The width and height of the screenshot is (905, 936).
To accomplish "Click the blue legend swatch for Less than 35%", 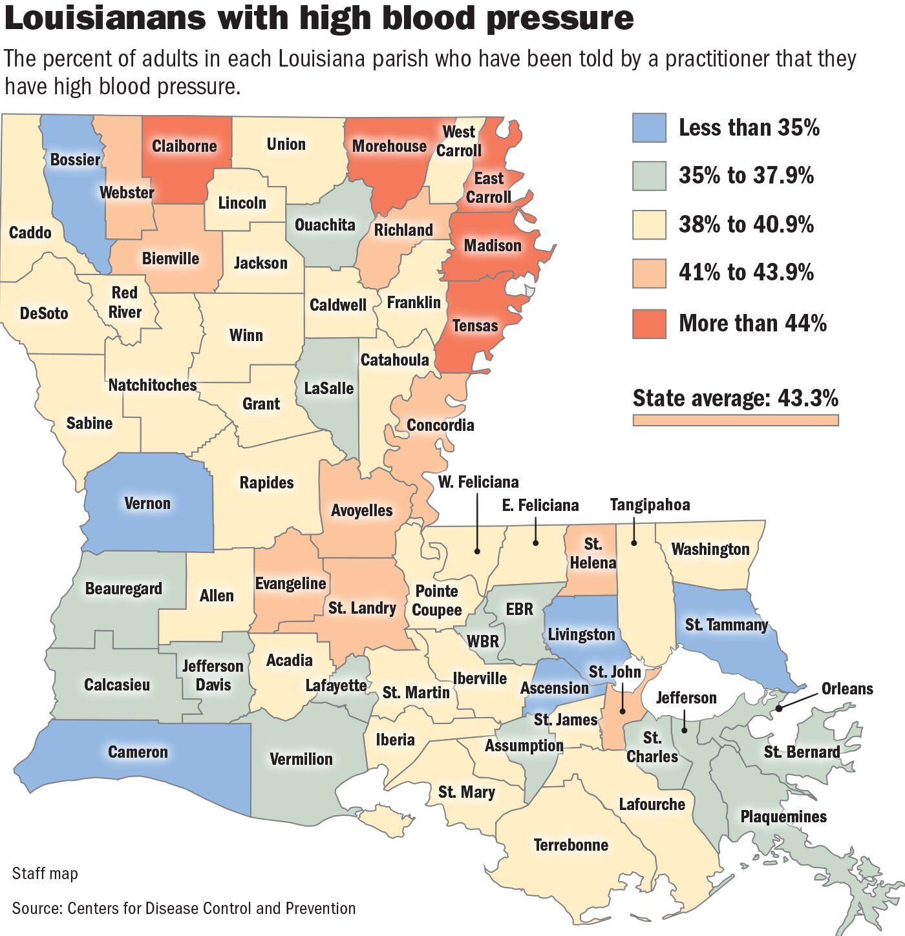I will click(x=649, y=128).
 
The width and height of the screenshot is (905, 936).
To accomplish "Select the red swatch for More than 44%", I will click(x=649, y=323).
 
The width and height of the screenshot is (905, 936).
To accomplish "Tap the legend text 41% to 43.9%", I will click(x=746, y=273).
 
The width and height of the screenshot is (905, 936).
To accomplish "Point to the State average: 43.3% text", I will click(x=735, y=398).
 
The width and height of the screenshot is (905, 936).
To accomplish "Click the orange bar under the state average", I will click(x=735, y=420).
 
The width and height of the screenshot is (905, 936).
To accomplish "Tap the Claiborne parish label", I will click(x=184, y=146).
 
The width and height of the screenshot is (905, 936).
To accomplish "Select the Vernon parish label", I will click(x=147, y=503).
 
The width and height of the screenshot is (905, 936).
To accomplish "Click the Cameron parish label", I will click(x=138, y=752).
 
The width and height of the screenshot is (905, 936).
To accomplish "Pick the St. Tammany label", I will click(x=726, y=625).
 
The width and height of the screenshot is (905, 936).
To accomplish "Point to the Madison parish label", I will click(x=493, y=245).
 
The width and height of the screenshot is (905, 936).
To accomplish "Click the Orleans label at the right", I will click(x=847, y=689).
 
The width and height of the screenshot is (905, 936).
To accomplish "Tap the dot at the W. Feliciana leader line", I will click(x=477, y=551).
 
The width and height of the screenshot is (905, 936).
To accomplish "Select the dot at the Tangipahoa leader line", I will click(x=634, y=543).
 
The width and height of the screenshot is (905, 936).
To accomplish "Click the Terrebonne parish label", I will click(x=571, y=845).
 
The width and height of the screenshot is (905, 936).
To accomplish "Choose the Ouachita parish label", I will click(x=325, y=225).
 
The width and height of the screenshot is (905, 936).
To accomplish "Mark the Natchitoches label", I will click(x=153, y=385).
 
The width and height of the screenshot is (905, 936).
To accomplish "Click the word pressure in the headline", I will click(x=560, y=18).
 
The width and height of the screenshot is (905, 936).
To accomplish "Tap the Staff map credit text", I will click(x=45, y=873).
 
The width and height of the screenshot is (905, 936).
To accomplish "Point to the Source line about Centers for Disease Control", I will click(x=184, y=908).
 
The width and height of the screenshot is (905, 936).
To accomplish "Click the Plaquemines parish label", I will click(x=783, y=816).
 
